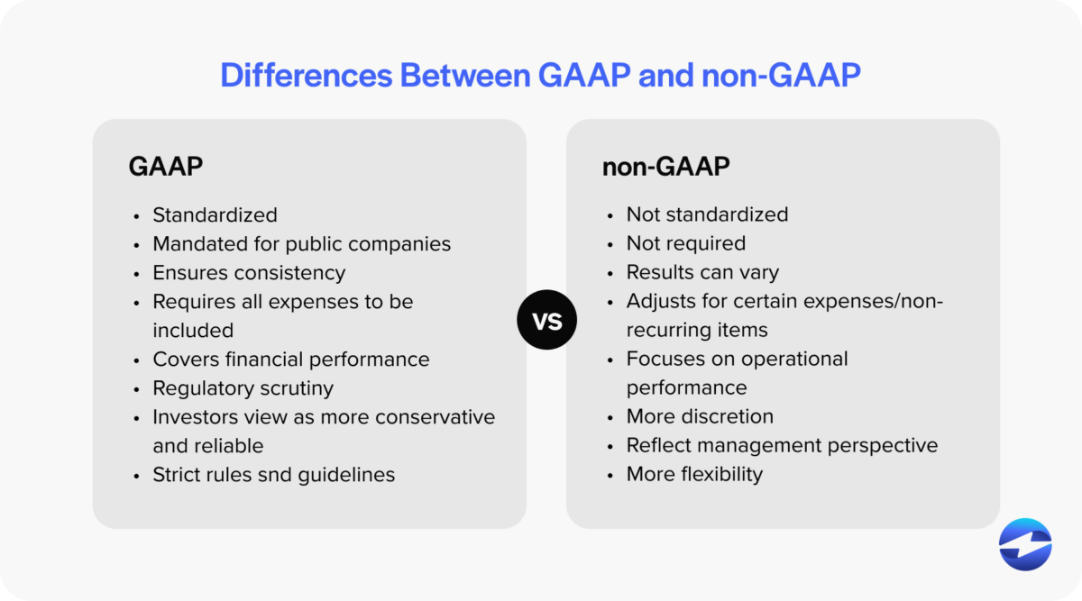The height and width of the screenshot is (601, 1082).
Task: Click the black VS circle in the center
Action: tap(546, 319)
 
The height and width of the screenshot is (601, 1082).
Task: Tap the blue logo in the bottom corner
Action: tap(1025, 544)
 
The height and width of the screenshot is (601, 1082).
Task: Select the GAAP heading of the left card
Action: tap(165, 167)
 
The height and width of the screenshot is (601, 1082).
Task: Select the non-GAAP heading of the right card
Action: tap(665, 167)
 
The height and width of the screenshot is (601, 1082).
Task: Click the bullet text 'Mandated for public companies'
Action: tap(301, 243)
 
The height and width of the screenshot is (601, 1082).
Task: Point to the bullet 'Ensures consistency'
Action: tap(249, 272)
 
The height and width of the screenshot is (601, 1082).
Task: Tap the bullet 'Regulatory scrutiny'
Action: tap(243, 387)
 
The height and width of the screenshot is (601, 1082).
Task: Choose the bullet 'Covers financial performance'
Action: tap(290, 359)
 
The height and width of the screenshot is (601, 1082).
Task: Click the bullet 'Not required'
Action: tap(685, 243)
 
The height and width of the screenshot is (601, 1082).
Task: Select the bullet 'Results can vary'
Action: tap(702, 272)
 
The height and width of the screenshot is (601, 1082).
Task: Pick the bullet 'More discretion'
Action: tap(700, 416)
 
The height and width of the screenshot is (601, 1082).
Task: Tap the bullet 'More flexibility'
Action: tap(694, 474)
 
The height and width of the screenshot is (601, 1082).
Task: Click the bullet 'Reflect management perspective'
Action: tap(782, 445)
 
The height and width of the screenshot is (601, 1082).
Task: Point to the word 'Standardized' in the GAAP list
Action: tap(215, 214)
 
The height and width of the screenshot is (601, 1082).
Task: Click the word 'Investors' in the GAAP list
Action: tap(193, 416)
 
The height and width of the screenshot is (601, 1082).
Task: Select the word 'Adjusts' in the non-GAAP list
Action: tap(660, 301)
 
